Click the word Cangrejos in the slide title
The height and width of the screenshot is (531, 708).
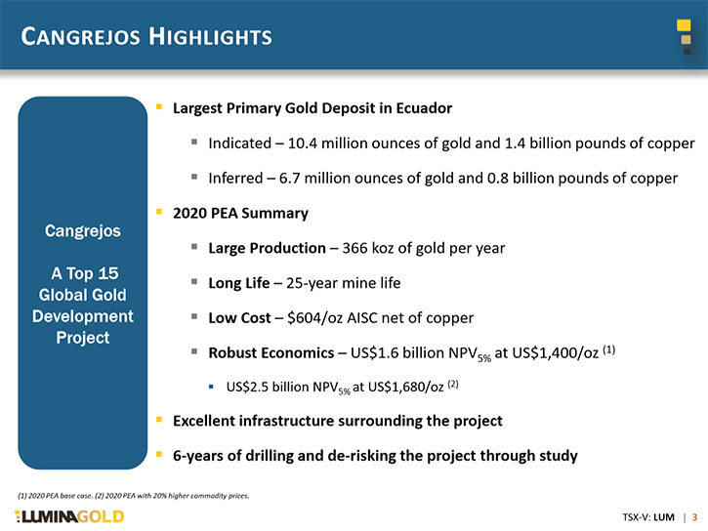pyautogui.click(x=80, y=36)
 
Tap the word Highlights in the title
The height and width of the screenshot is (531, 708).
pyautogui.click(x=210, y=36)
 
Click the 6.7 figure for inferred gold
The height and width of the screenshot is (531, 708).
pyautogui.click(x=289, y=179)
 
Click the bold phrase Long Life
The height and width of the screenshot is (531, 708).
pyautogui.click(x=239, y=283)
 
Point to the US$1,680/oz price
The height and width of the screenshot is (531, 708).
pyautogui.click(x=405, y=388)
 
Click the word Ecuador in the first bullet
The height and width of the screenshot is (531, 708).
pyautogui.click(x=424, y=108)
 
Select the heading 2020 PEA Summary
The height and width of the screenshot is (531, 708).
pyautogui.click(x=240, y=213)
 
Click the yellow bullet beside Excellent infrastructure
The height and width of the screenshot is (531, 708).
pyautogui.click(x=159, y=420)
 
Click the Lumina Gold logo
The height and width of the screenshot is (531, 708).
pyautogui.click(x=69, y=516)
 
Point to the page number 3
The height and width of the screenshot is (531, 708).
pyautogui.click(x=694, y=517)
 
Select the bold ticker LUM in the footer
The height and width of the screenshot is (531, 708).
pyautogui.click(x=663, y=517)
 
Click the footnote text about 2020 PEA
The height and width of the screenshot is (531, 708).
pyautogui.click(x=133, y=495)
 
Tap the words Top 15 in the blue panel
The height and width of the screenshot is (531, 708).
pyautogui.click(x=93, y=273)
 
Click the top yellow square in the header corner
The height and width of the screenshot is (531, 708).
pyautogui.click(x=684, y=25)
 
